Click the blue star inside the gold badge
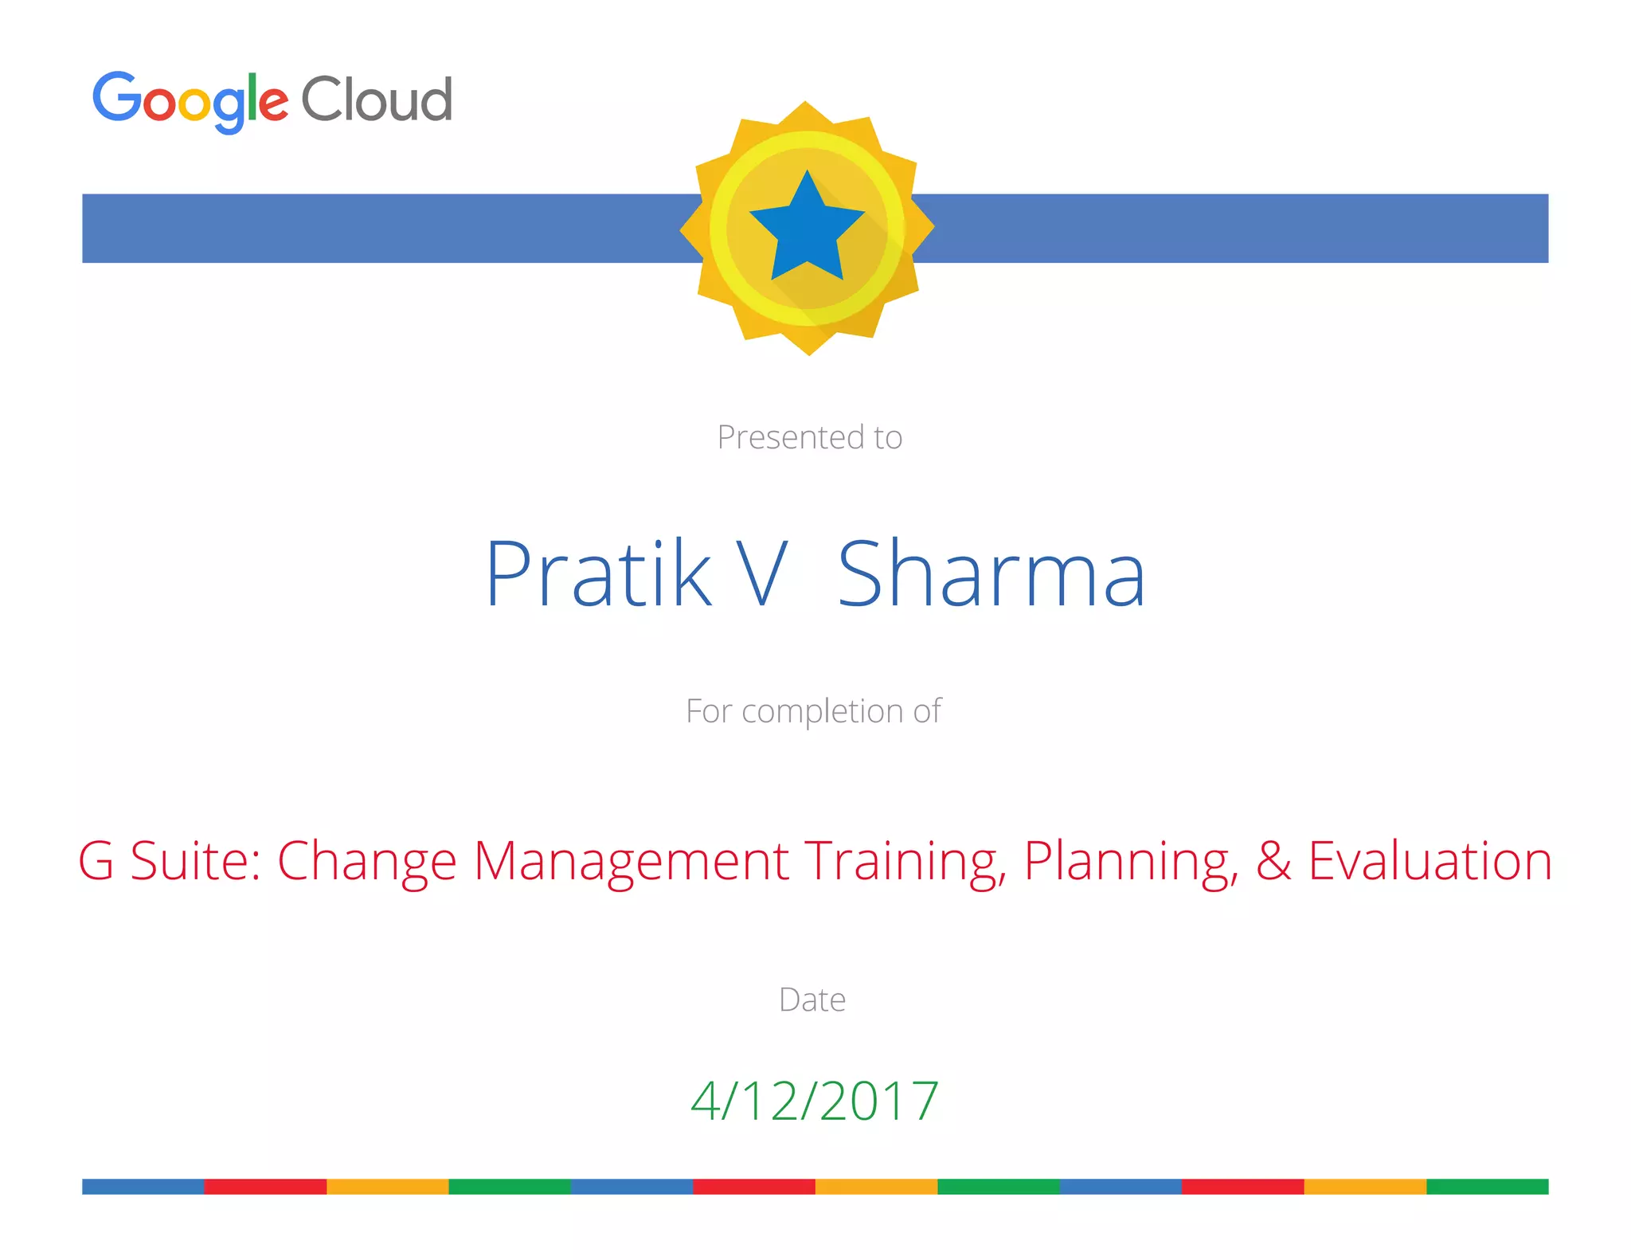pyautogui.click(x=807, y=228)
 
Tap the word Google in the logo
pyautogui.click(x=190, y=100)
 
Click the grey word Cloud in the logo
pyautogui.click(x=377, y=100)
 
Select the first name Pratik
pyautogui.click(x=598, y=573)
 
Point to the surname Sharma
pyautogui.click(x=992, y=573)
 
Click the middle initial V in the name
pyautogui.click(x=761, y=573)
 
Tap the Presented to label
pyautogui.click(x=809, y=437)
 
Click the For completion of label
pyautogui.click(x=813, y=711)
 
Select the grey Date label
pyautogui.click(x=812, y=1000)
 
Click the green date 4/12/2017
pyautogui.click(x=815, y=1101)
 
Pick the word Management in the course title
pyautogui.click(x=631, y=862)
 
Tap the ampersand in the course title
pyautogui.click(x=1273, y=861)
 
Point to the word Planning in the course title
pyautogui.click(x=1131, y=862)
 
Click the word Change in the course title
pyautogui.click(x=366, y=862)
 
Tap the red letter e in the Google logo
pyautogui.click(x=273, y=104)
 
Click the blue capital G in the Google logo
pyautogui.click(x=116, y=96)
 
